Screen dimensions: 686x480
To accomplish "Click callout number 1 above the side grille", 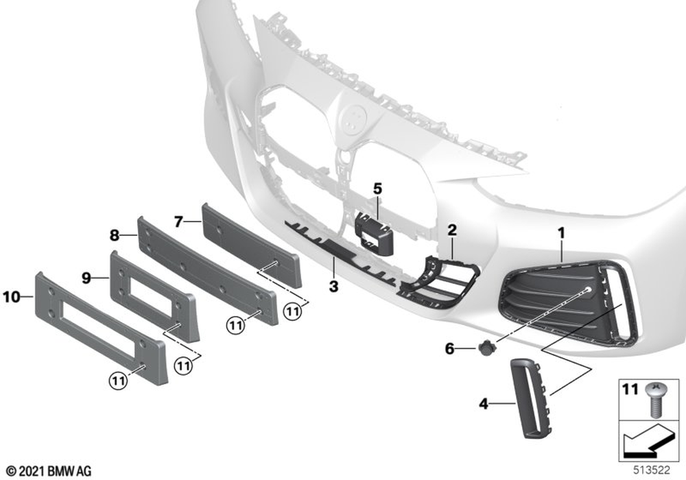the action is [x=561, y=233].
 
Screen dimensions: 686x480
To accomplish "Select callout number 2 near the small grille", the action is [x=452, y=230].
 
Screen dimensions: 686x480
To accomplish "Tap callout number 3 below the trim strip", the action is [x=334, y=287].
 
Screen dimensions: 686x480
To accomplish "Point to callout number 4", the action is [x=484, y=403].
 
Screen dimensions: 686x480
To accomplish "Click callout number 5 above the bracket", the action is [x=377, y=189].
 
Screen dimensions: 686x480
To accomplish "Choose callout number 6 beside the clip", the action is [x=450, y=349].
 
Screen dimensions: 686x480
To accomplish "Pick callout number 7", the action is [x=178, y=222].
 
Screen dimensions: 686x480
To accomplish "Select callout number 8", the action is [x=114, y=236].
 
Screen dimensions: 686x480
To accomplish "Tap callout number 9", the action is [x=86, y=277].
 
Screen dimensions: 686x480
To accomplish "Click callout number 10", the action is [x=12, y=298].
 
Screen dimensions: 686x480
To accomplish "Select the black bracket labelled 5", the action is [x=374, y=232].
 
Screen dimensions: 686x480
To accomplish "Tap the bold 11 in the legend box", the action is [x=630, y=389].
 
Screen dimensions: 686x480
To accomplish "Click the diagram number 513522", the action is [x=652, y=470].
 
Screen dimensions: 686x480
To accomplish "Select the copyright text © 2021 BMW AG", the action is [x=49, y=471].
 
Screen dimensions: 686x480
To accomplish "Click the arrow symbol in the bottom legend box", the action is [x=648, y=441].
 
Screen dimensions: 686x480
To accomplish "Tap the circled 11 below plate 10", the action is [x=118, y=381].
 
